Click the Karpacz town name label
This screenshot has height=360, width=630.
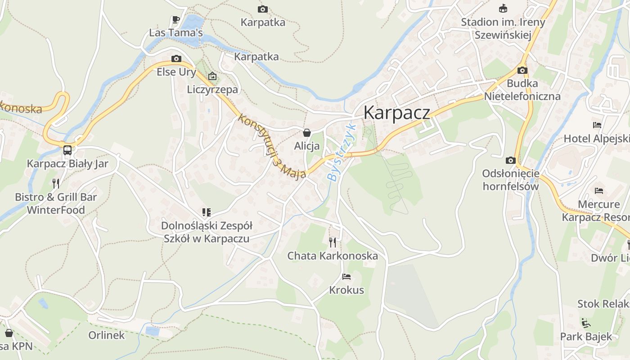pyautogui.click(x=396, y=112)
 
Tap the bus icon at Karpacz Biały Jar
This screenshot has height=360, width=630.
pyautogui.click(x=67, y=150)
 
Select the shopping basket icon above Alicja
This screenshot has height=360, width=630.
pyautogui.click(x=307, y=133)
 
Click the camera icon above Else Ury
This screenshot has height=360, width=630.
pyautogui.click(x=176, y=58)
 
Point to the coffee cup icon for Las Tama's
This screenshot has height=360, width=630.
pyautogui.click(x=176, y=19)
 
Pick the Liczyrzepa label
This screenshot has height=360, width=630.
pyautogui.click(x=212, y=89)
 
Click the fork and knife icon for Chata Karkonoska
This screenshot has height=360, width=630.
pyautogui.click(x=333, y=243)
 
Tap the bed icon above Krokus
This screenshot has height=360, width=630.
pyautogui.click(x=346, y=276)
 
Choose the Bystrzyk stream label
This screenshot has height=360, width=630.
pyautogui.click(x=341, y=152)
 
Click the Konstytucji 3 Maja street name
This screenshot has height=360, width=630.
pyautogui.click(x=272, y=146)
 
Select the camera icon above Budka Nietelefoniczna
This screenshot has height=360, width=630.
pyautogui.click(x=522, y=70)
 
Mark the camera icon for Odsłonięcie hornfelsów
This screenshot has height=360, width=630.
pyautogui.click(x=510, y=160)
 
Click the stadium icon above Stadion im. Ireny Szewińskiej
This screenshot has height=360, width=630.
pyautogui.click(x=503, y=9)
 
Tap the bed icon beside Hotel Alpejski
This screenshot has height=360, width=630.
pyautogui.click(x=597, y=125)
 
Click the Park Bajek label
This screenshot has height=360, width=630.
pyautogui.click(x=586, y=336)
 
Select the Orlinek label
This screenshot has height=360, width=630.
pyautogui.click(x=106, y=335)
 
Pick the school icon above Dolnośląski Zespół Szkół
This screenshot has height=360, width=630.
pyautogui.click(x=206, y=212)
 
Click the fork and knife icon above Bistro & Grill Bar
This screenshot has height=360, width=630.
pyautogui.click(x=56, y=183)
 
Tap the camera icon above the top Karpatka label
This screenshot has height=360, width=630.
pyautogui.click(x=263, y=9)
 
